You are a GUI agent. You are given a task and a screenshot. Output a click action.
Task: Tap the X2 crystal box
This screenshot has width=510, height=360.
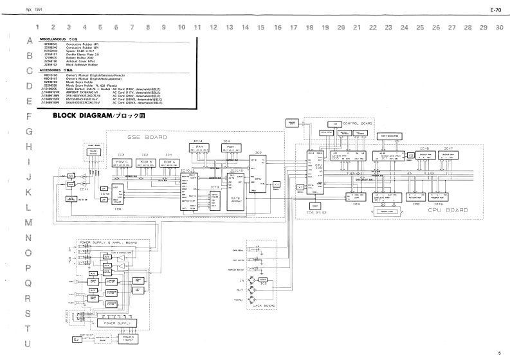(x=411, y=156)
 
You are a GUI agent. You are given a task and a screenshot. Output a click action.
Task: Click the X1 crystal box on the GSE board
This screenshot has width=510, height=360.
(x=277, y=184)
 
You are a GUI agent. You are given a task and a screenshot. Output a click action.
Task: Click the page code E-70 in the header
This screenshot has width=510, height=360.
(x=495, y=10)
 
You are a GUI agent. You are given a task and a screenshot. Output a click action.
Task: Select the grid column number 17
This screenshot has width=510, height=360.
(x=293, y=28)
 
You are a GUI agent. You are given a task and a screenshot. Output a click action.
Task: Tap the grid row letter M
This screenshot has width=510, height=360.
(x=28, y=222)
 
